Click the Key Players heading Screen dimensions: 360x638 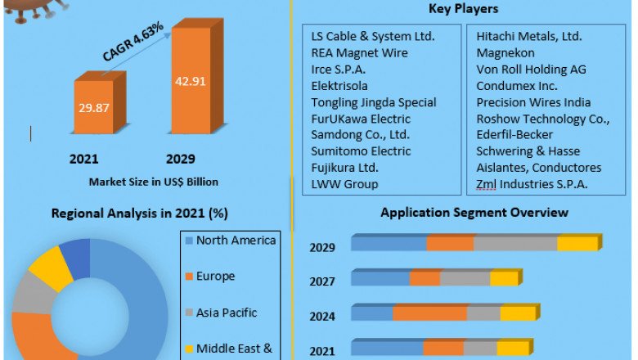463,9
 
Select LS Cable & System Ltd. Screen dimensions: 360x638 372,36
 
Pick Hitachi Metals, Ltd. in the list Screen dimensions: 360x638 528,36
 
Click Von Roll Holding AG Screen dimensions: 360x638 531,69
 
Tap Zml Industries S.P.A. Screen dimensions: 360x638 532,184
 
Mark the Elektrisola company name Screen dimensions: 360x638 339,85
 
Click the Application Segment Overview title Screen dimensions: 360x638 474,213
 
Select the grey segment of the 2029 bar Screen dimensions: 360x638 515,244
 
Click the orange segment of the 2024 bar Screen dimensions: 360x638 429,313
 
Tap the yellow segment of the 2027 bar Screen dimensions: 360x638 504,279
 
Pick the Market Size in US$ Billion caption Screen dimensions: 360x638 153,182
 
